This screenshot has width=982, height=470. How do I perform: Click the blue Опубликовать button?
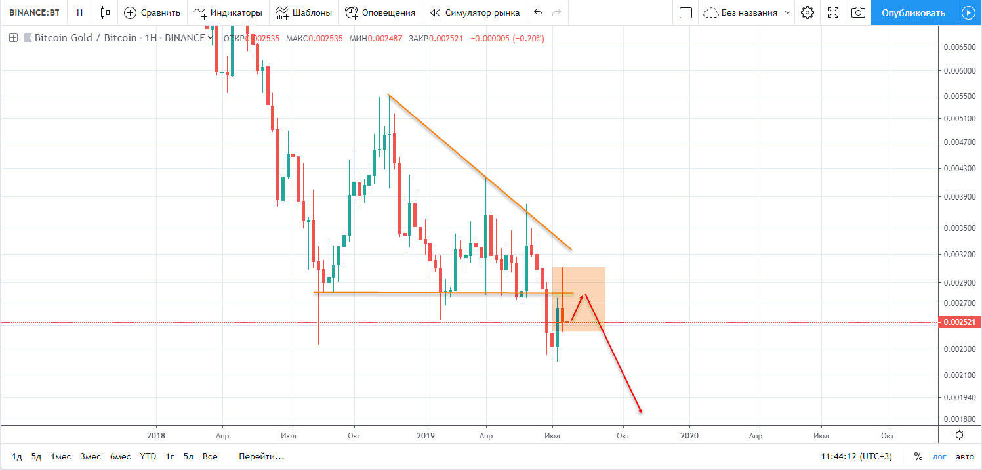[x=913, y=12]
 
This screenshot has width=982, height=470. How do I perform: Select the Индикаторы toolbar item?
[x=228, y=12]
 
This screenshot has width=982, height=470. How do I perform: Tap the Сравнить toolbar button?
[x=152, y=12]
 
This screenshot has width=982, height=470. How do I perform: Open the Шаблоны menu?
[x=303, y=12]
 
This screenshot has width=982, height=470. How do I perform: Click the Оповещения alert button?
[x=380, y=12]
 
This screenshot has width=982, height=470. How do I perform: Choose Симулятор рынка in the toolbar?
[x=475, y=12]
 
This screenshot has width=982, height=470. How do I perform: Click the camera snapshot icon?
[x=858, y=12]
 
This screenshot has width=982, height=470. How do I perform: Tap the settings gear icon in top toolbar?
[x=808, y=12]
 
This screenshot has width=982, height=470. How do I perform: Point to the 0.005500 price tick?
[x=958, y=96]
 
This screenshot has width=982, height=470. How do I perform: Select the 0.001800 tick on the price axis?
[x=958, y=419]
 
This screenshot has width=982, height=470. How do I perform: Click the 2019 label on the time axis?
[x=426, y=435]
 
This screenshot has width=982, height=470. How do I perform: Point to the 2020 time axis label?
[x=689, y=435]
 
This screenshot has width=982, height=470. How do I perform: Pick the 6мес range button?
[x=120, y=456]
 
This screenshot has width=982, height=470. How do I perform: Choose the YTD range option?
[x=148, y=456]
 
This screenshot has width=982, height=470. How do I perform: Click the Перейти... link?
[x=262, y=456]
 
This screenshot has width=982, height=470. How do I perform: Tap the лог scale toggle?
[x=940, y=456]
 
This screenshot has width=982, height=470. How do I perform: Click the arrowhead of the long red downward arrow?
[x=640, y=412]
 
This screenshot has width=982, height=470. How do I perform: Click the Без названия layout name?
[x=748, y=12]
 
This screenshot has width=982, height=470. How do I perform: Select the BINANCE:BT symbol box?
[x=34, y=12]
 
